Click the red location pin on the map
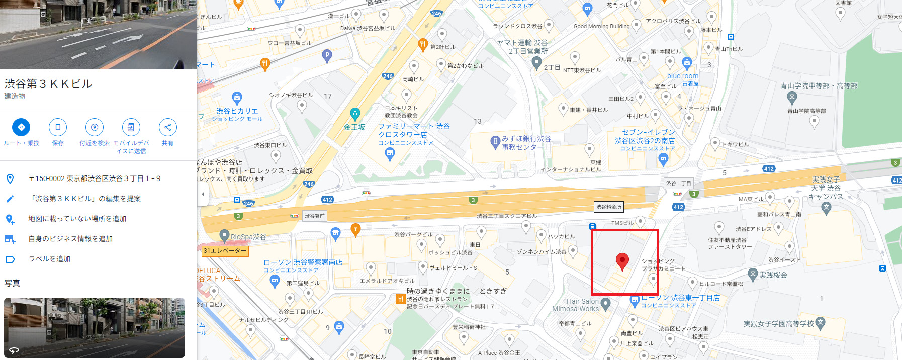622,260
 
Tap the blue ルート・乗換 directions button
21,127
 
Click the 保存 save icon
58,127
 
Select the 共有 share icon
167,127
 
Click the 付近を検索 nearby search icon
95,127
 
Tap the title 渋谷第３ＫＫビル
48,84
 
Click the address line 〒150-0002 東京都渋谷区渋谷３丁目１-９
95,178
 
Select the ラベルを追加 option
49,259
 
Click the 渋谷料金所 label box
608,207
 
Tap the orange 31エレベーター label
225,250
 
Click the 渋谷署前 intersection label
315,216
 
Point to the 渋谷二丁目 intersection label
679,183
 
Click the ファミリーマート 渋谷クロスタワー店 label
414,130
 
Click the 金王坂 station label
354,127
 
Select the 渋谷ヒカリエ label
237,111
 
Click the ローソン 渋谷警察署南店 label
303,262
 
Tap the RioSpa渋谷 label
248,237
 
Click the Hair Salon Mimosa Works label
576,305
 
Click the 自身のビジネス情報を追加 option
70,239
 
